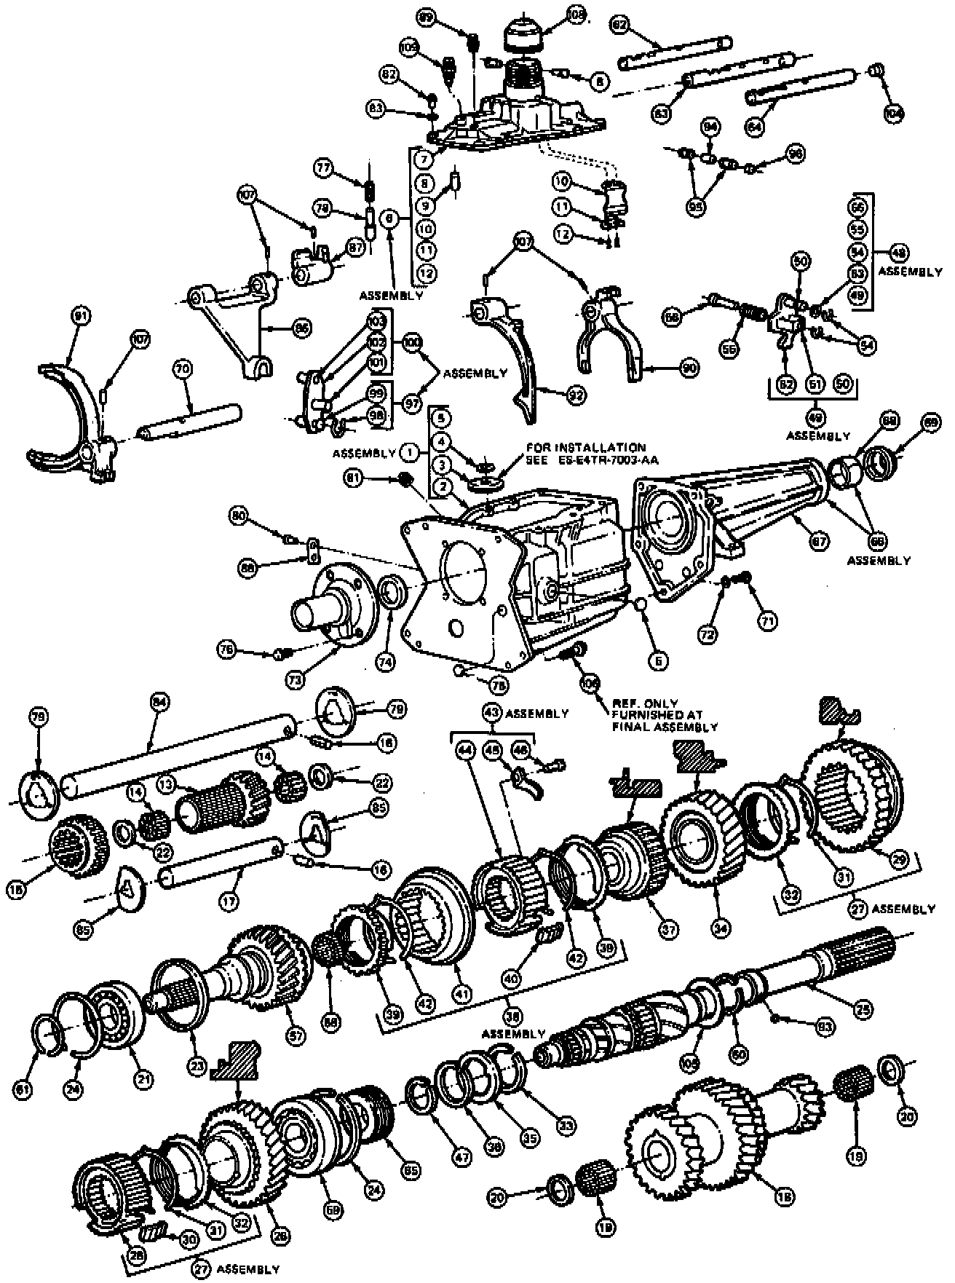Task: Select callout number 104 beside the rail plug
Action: [x=893, y=113]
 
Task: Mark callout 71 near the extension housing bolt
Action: [x=769, y=620]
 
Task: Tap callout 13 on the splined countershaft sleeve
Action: [x=167, y=784]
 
